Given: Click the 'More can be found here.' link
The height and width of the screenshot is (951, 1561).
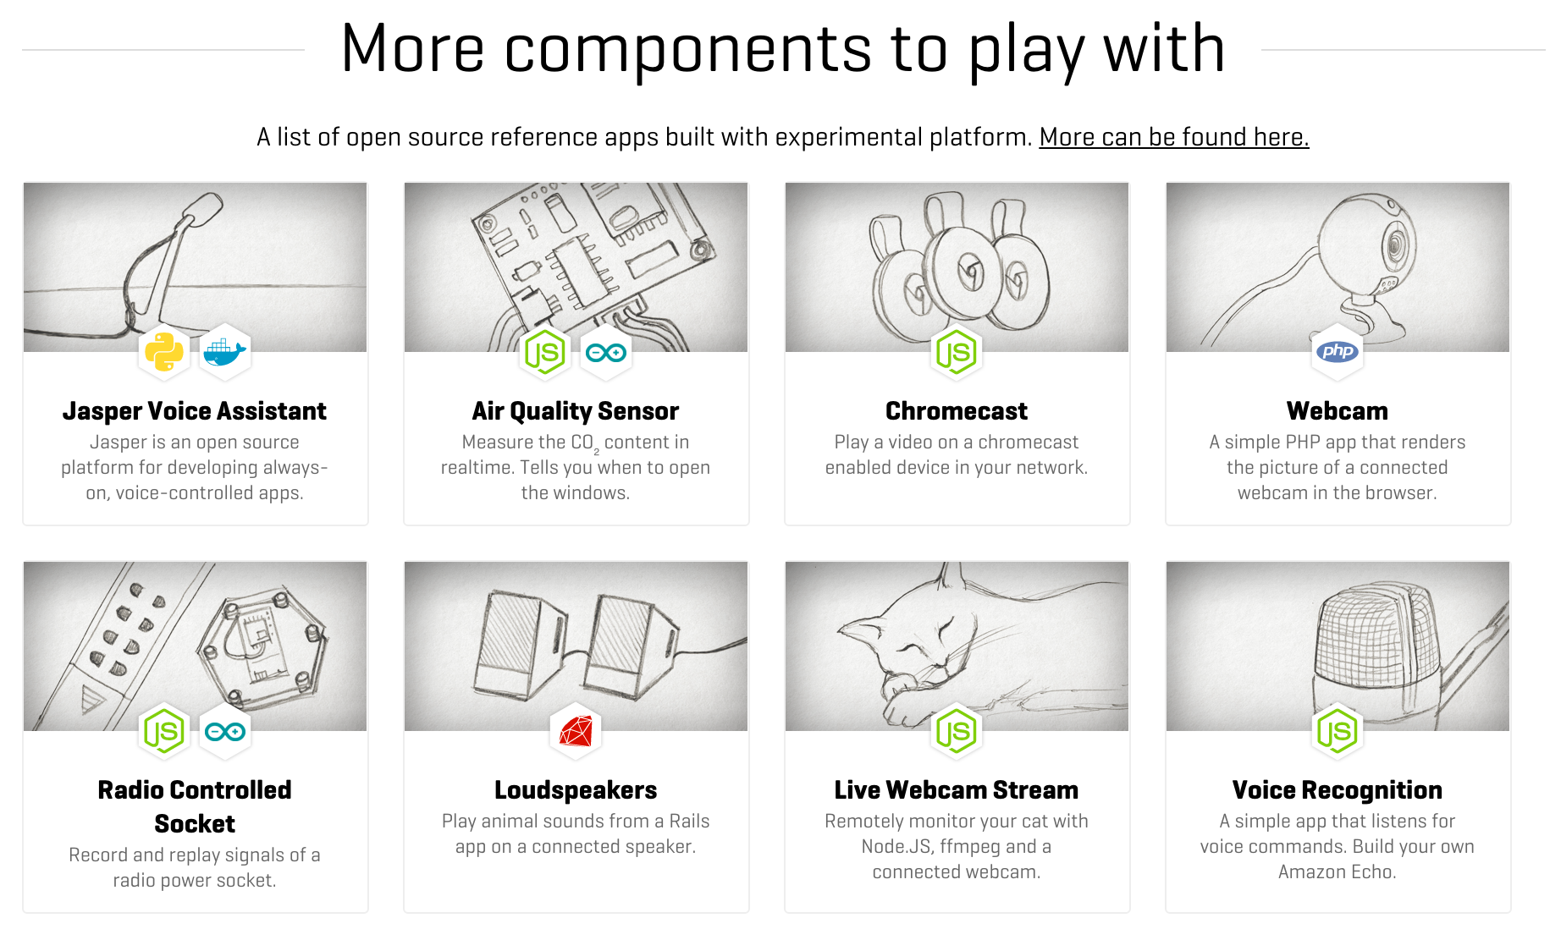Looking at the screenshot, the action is coord(1174,137).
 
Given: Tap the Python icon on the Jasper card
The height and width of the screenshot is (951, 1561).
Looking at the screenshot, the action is coord(164,352).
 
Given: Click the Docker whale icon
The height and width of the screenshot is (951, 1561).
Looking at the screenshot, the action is coord(225,352).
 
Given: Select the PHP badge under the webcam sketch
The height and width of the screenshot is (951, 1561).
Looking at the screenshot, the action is coord(1338,352).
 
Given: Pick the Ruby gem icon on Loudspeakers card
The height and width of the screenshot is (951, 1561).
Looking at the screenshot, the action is coord(576,731).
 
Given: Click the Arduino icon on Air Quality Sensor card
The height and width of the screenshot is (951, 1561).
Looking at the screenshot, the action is coord(606,352).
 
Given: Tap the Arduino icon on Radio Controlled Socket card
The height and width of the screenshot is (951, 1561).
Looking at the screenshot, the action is coord(225,731).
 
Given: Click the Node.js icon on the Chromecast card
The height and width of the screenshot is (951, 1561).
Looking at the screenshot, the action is coord(957,352).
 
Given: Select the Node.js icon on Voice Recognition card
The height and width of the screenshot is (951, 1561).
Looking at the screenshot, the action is coord(1338,731).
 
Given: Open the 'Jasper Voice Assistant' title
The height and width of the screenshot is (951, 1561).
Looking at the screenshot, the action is coord(195,411).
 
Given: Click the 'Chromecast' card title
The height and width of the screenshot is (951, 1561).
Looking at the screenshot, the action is coord(957,411).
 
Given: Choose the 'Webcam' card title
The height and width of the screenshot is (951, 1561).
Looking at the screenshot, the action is coord(1338,411).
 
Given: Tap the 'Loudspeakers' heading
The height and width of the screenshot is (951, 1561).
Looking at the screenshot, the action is coord(576,790).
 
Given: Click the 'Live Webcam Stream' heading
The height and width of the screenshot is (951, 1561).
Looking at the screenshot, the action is coord(957,790).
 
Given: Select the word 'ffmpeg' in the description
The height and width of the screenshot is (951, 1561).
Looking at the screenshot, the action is coord(970,847).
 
